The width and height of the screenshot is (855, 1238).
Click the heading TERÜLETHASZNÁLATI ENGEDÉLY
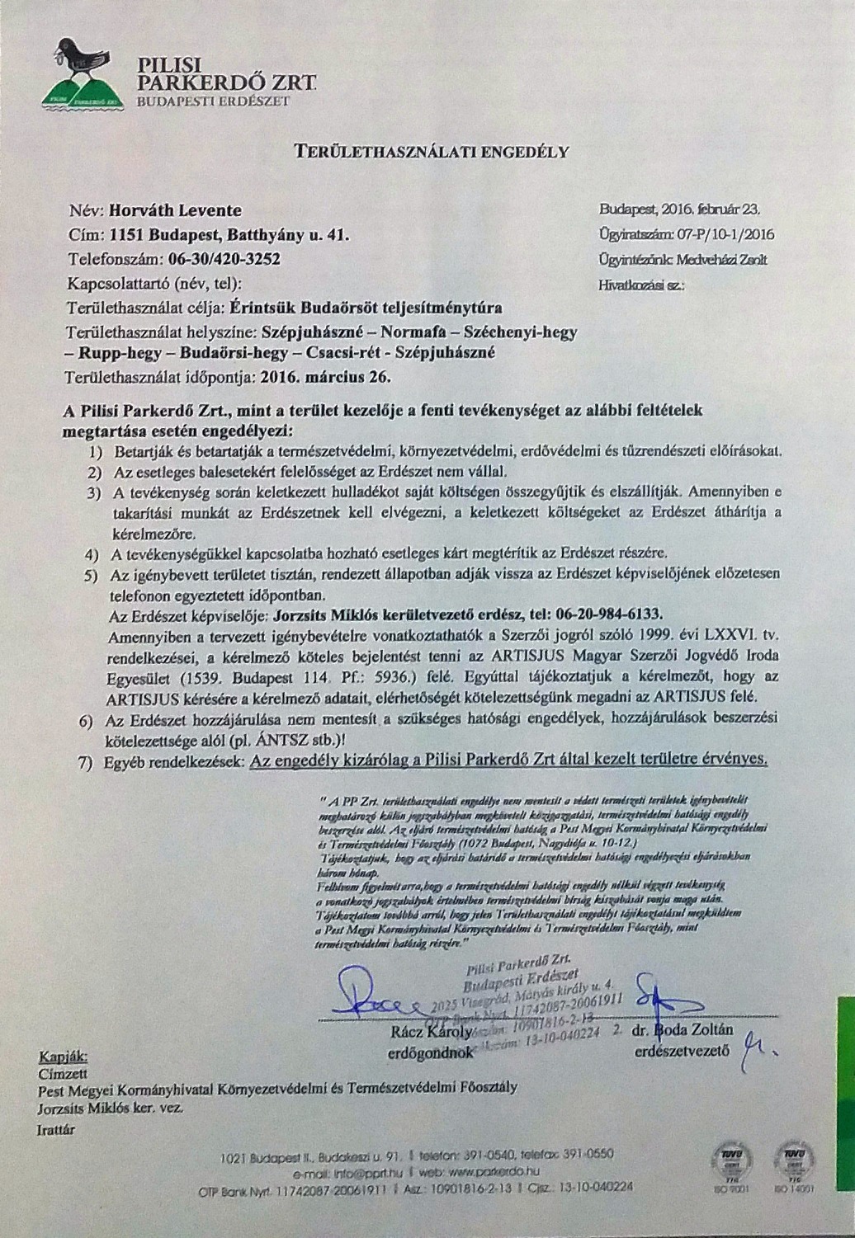coord(432,151)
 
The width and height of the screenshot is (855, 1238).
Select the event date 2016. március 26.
coord(326,379)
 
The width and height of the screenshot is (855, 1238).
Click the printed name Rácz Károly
coord(428,1031)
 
